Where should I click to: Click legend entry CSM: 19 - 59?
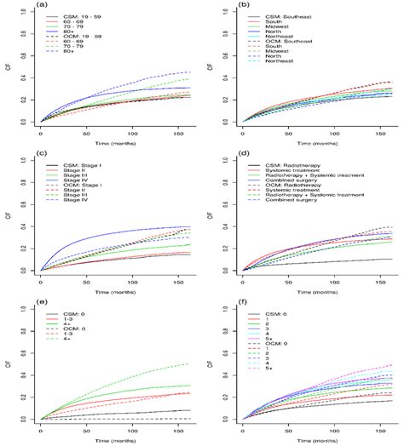click(83, 17)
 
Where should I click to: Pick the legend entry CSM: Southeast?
click(287, 17)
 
